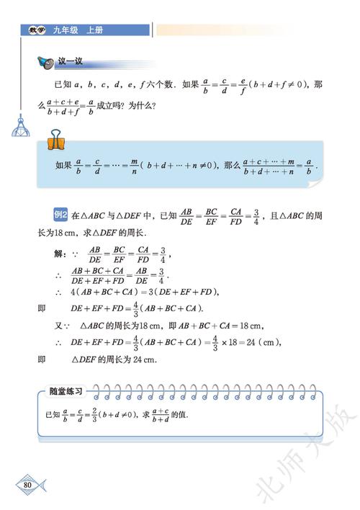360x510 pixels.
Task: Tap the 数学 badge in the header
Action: tap(34, 30)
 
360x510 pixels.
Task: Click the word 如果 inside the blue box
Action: tap(64, 165)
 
